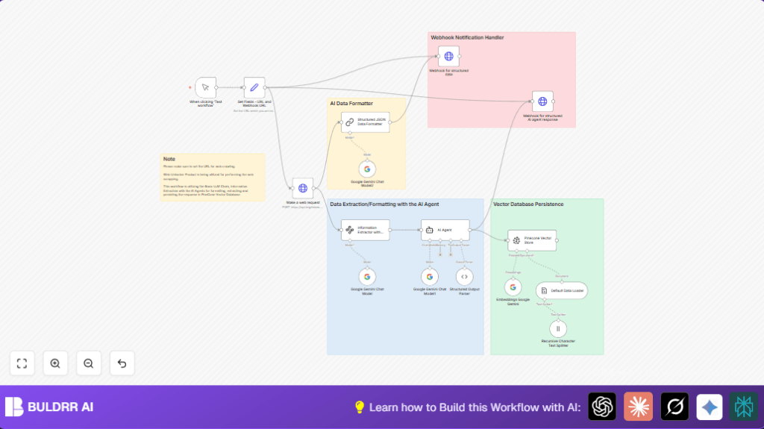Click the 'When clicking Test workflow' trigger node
point(205,87)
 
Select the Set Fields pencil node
point(254,87)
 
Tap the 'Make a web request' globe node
point(302,188)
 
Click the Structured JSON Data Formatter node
point(365,122)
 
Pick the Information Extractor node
point(365,230)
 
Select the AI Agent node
point(445,230)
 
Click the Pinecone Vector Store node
point(532,239)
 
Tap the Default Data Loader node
point(561,290)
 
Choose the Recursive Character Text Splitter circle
point(558,328)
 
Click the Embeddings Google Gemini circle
point(513,287)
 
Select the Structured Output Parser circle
point(464,277)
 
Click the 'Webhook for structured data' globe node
point(448,56)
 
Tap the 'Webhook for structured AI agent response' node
point(542,101)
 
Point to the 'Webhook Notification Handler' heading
point(468,37)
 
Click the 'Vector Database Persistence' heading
point(528,204)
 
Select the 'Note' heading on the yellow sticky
point(169,159)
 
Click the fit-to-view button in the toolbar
point(22,363)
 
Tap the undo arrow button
point(122,363)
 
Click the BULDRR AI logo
point(49,407)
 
